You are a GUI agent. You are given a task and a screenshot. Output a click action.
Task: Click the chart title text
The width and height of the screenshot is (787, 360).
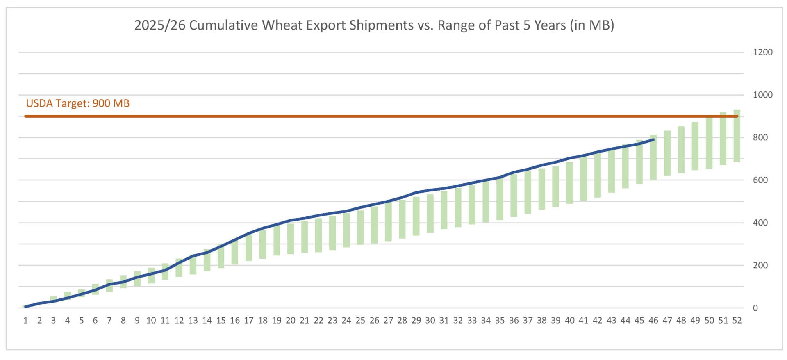pyautogui.click(x=374, y=25)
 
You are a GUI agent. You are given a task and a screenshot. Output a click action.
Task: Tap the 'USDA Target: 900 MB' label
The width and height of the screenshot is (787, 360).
pyautogui.click(x=78, y=103)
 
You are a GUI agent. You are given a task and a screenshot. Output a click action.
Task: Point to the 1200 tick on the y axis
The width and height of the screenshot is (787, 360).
pyautogui.click(x=762, y=52)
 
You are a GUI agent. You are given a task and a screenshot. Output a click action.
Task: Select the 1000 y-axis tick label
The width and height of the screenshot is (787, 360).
pyautogui.click(x=762, y=95)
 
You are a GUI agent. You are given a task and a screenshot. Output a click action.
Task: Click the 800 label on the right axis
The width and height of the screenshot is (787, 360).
pyautogui.click(x=760, y=137)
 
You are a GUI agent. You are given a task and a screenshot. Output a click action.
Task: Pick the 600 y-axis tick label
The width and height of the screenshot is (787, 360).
pyautogui.click(x=760, y=180)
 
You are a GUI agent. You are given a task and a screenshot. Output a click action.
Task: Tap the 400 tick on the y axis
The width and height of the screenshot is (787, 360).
pyautogui.click(x=760, y=223)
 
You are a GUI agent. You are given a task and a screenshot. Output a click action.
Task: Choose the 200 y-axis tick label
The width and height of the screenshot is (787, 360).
pyautogui.click(x=760, y=265)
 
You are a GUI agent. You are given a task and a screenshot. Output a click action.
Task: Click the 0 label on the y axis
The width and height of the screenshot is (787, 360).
pyautogui.click(x=755, y=308)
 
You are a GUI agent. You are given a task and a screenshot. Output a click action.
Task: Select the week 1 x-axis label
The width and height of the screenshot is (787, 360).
pyautogui.click(x=25, y=321)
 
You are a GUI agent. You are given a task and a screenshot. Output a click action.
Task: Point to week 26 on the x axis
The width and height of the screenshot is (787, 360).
pyautogui.click(x=374, y=321)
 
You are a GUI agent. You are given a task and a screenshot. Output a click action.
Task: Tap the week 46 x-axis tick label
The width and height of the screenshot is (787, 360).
pyautogui.click(x=653, y=321)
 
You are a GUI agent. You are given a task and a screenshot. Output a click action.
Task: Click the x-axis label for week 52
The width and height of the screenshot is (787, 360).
pyautogui.click(x=737, y=321)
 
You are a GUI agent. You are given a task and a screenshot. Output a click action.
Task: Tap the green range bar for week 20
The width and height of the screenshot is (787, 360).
pyautogui.click(x=291, y=239)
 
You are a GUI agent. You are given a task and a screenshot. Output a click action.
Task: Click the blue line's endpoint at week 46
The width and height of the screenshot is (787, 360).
pyautogui.click(x=653, y=140)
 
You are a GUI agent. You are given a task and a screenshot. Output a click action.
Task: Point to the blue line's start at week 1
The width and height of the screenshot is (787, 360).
pyautogui.click(x=25, y=306)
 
